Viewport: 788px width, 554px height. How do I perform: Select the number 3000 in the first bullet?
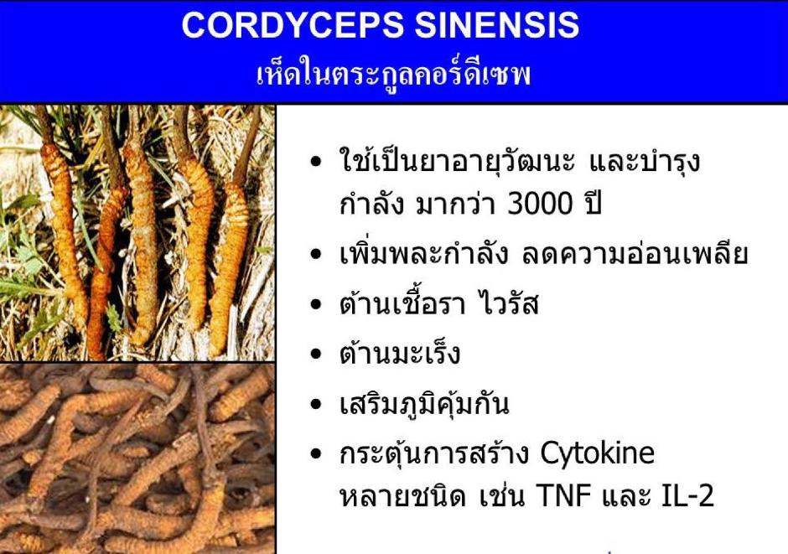540,204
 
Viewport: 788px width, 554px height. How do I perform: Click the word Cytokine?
598,453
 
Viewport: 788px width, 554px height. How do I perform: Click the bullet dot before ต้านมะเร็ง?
315,354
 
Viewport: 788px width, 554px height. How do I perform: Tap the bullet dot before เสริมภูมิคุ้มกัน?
315,404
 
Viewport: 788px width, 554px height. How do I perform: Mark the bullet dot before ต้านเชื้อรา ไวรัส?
315,304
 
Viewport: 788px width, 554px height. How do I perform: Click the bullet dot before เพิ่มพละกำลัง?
315,255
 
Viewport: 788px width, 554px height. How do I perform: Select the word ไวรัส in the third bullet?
509,303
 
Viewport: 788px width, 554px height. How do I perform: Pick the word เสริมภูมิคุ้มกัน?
424,403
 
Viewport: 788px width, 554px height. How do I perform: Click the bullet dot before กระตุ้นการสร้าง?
315,454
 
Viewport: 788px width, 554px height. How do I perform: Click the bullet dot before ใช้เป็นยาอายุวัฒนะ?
315,162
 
